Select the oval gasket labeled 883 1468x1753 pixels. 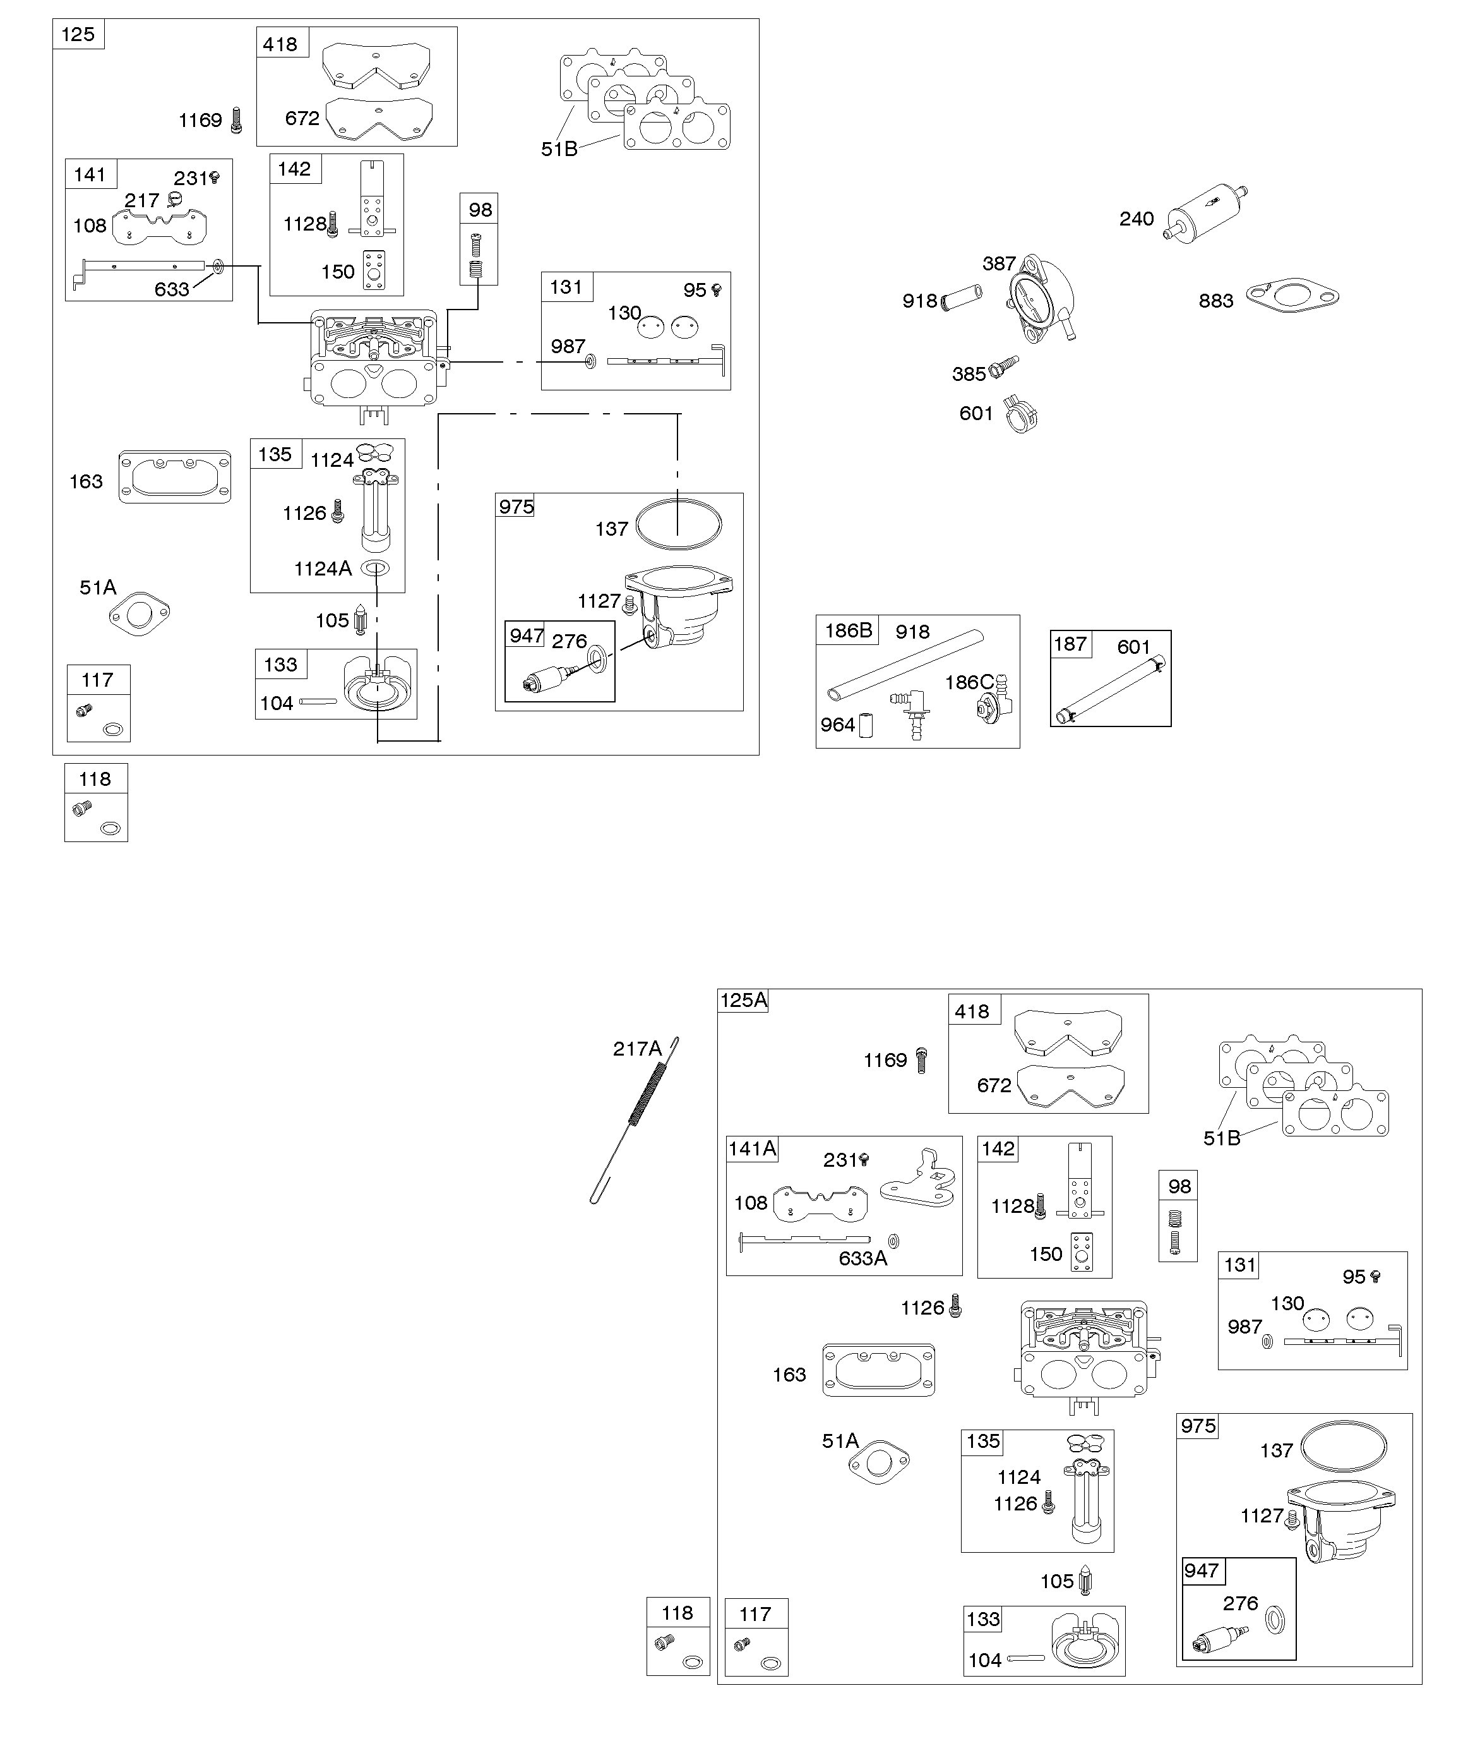1292,296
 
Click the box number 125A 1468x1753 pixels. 743,1000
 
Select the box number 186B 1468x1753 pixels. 848,630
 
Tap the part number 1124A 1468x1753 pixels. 323,569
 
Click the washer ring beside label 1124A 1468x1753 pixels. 374,569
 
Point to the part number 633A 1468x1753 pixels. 863,1258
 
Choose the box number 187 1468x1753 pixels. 1070,644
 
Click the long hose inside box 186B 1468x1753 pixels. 905,665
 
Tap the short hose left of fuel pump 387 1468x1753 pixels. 962,298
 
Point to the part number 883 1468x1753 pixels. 1216,301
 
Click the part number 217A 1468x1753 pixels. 637,1049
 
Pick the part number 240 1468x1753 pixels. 1137,219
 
